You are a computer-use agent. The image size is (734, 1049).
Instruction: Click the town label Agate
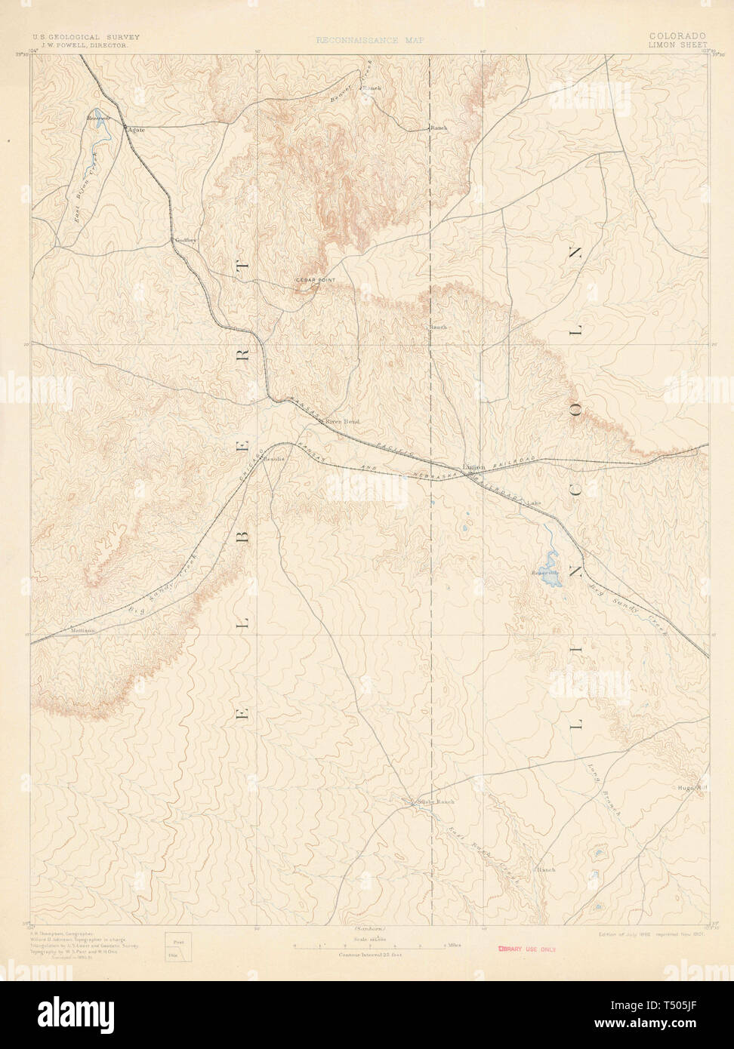(x=137, y=130)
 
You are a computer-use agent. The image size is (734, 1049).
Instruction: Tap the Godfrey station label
(x=185, y=240)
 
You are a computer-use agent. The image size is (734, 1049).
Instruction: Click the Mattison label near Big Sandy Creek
(x=82, y=630)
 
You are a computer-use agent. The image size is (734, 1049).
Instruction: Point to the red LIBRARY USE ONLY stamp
(x=526, y=949)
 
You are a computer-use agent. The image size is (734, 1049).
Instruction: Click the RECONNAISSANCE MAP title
(x=370, y=40)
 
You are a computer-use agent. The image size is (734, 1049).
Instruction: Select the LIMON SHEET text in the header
(x=677, y=45)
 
